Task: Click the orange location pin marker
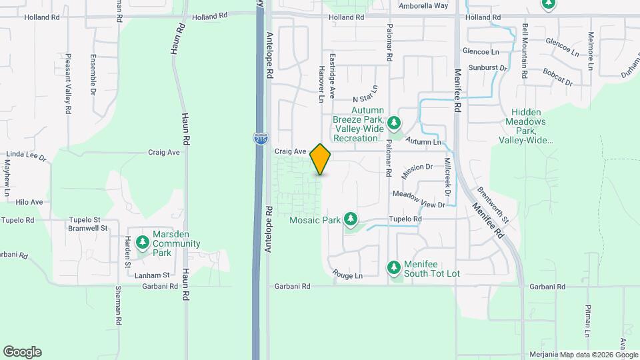(321, 159)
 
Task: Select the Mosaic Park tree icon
(350, 219)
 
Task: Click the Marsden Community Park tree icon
(142, 243)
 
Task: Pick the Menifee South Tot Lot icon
(394, 267)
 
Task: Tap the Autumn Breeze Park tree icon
(395, 123)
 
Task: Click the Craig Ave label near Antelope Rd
(291, 152)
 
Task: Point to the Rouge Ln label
(347, 275)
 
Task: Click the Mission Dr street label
(418, 171)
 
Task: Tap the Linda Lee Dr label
(23, 157)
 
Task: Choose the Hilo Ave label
(29, 202)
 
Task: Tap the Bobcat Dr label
(558, 77)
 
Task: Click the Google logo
(22, 352)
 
